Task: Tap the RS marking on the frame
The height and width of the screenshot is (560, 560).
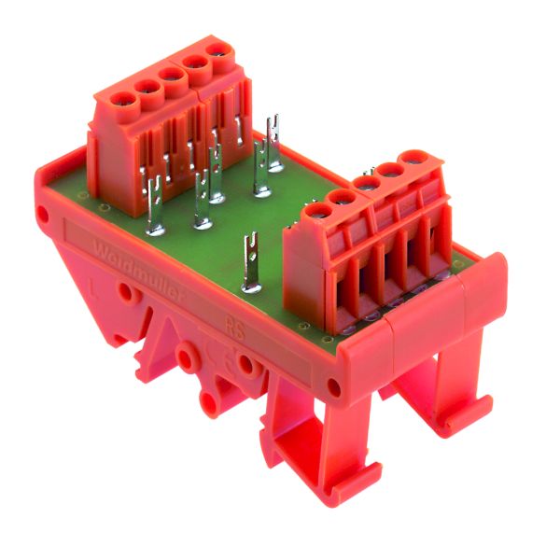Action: pos(236,329)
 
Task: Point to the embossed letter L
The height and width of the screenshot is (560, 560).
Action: pos(90,281)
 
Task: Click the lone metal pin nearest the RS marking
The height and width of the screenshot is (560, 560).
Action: pos(250,266)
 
